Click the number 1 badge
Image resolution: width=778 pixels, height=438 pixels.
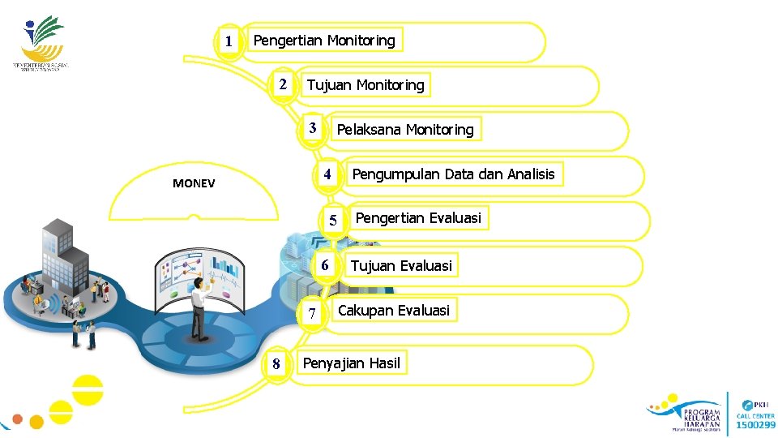229,41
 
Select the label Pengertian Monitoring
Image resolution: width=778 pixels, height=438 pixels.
324,40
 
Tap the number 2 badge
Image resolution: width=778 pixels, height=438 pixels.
281,84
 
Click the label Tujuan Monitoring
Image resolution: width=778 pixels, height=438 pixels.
365,85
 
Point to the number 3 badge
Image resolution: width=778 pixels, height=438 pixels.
313,128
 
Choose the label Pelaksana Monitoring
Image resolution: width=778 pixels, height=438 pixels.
404,130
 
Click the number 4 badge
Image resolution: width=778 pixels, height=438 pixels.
327,174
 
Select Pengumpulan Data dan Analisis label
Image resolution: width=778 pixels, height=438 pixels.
453,174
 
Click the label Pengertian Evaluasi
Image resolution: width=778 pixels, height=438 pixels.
418,218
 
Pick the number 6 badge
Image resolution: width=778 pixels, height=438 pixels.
324,265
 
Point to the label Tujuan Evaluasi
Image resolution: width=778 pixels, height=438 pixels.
400,265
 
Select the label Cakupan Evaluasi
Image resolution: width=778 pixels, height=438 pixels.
393,310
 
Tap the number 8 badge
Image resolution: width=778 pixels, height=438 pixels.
276,363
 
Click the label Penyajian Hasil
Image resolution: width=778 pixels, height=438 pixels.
351,363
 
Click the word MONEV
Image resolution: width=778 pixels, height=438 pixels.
194,183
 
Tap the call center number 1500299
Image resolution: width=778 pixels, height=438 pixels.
754,425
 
